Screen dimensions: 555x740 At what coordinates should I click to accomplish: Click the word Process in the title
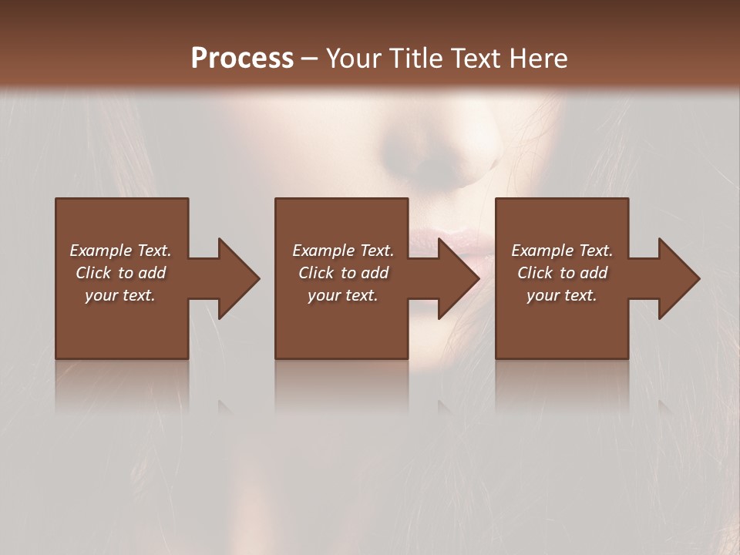point(242,59)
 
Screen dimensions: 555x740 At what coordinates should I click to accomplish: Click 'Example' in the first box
point(100,251)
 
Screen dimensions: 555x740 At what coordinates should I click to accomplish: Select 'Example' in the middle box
point(323,251)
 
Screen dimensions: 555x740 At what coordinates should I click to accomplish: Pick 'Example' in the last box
point(542,251)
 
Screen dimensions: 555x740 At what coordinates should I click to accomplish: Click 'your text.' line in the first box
point(120,295)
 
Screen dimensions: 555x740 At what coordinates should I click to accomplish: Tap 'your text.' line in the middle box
point(343,295)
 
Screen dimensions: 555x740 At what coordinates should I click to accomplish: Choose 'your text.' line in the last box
point(562,295)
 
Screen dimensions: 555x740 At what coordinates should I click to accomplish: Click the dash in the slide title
point(310,59)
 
